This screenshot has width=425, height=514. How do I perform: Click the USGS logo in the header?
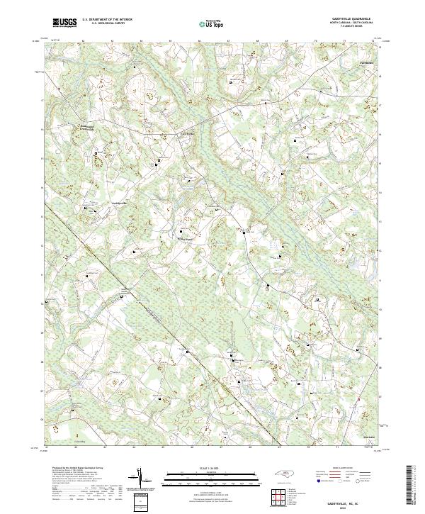(65, 23)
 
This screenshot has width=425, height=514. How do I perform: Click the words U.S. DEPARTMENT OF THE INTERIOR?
(107, 20)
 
